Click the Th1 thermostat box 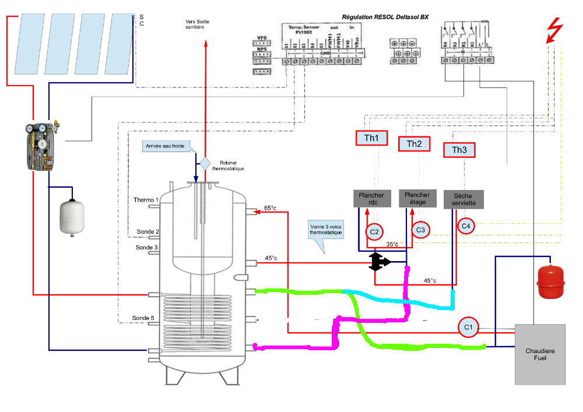[x=371, y=138]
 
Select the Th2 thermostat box [x=414, y=144]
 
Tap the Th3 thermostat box [x=459, y=150]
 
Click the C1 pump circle [x=468, y=328]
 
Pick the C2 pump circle [x=375, y=232]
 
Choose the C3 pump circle [x=420, y=230]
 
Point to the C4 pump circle [x=466, y=226]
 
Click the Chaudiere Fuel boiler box [x=540, y=354]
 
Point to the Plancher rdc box [x=371, y=199]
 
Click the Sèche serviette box [x=463, y=199]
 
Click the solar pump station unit [x=40, y=146]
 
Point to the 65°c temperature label [x=271, y=207]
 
